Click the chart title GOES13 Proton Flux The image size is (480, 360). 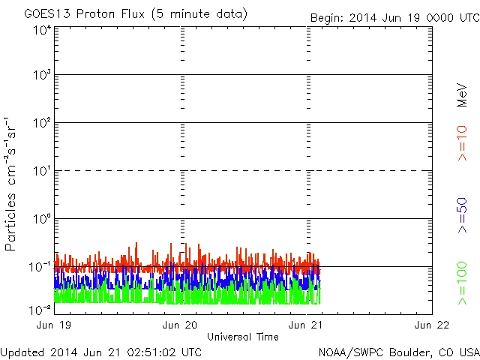pyautogui.click(x=135, y=14)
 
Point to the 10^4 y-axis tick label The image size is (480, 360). pyautogui.click(x=41, y=31)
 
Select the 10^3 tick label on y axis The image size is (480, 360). pyautogui.click(x=41, y=75)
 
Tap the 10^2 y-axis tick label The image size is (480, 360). pyautogui.click(x=41, y=122)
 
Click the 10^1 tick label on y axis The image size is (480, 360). pyautogui.click(x=41, y=170)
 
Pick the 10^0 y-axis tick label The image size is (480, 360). pyautogui.click(x=41, y=218)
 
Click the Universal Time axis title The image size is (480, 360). pyautogui.click(x=243, y=337)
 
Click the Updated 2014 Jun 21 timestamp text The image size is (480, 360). pyautogui.click(x=100, y=351)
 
